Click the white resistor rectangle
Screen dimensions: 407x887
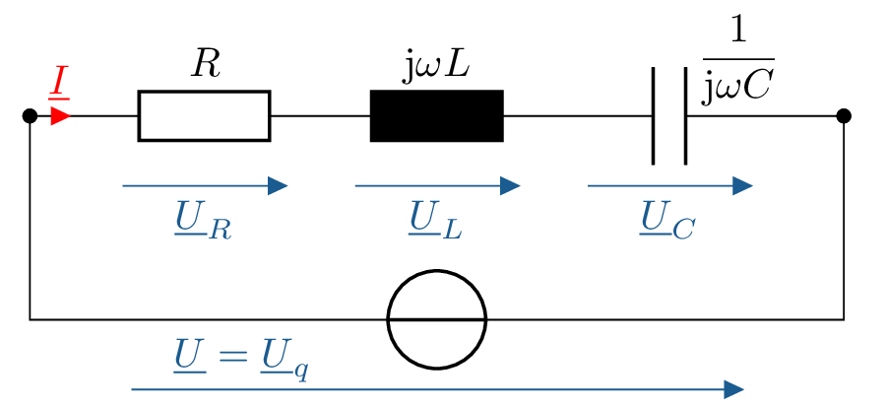pos(204,115)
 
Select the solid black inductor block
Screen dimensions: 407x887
pos(436,115)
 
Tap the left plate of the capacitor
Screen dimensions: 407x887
pos(654,115)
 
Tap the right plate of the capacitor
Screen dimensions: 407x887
pos(685,115)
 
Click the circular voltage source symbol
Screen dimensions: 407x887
pos(437,319)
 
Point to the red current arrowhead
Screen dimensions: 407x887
pos(60,116)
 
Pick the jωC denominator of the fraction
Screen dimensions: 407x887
pos(737,88)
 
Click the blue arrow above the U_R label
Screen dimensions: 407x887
pos(205,185)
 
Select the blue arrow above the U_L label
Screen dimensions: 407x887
pos(437,185)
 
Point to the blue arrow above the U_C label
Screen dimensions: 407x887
pos(670,185)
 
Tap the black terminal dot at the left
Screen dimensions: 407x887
pos(30,115)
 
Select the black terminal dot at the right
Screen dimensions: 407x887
pos(844,115)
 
